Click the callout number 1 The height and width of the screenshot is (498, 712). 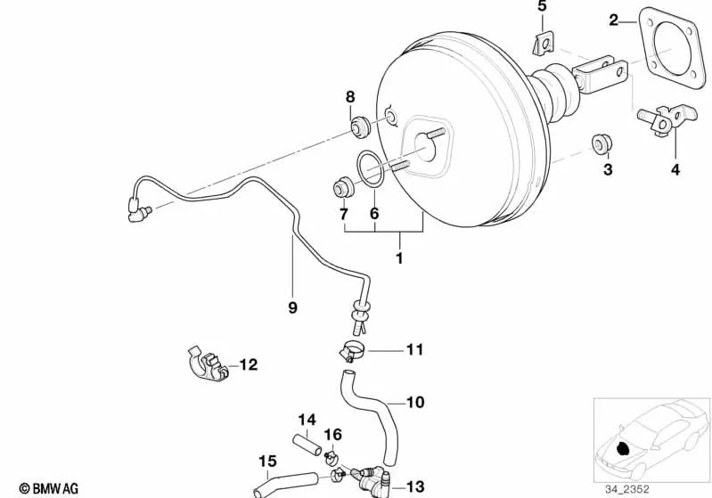click(x=399, y=258)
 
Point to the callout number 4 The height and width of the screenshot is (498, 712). click(x=675, y=169)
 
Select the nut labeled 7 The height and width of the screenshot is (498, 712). click(x=341, y=189)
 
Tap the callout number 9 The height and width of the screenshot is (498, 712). click(x=292, y=307)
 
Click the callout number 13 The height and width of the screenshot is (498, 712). click(x=415, y=486)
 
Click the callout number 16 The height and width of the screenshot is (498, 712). click(x=332, y=434)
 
